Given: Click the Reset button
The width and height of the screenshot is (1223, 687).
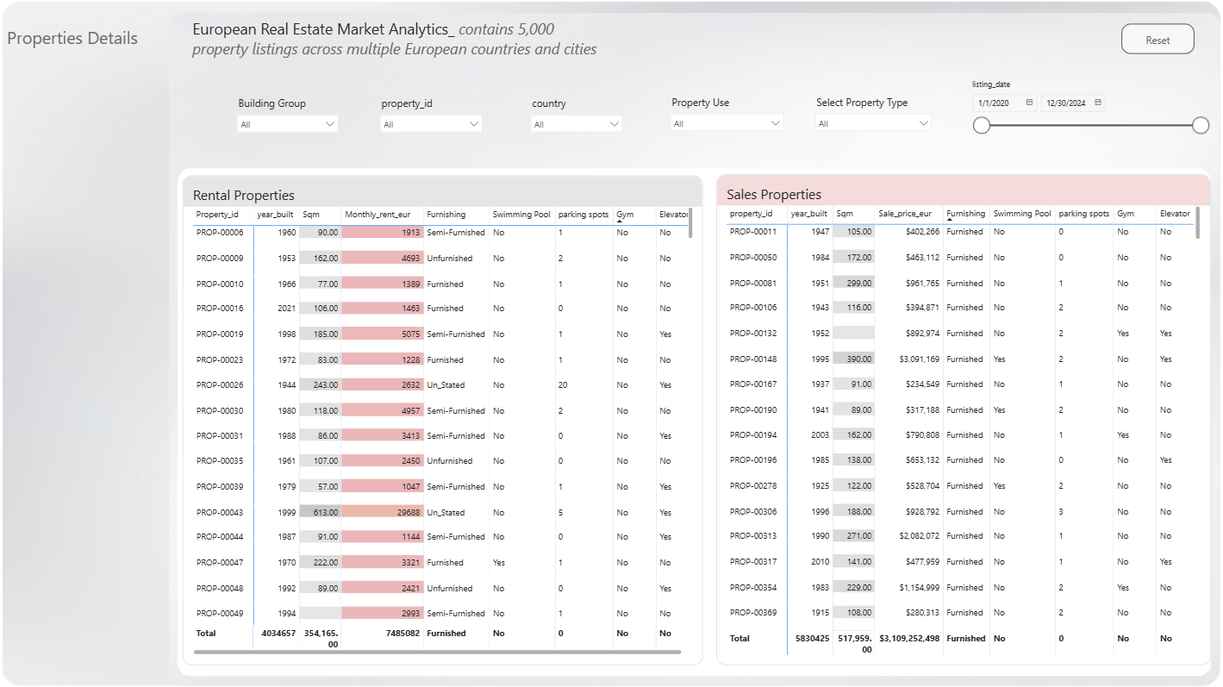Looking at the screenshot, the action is click(x=1157, y=40).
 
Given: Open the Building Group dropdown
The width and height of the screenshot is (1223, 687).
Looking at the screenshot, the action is click(x=287, y=124).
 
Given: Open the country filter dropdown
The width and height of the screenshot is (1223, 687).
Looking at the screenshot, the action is click(x=576, y=124).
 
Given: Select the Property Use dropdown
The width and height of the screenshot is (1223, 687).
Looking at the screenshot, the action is click(x=727, y=123).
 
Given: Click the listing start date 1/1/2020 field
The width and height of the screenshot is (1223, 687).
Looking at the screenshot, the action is click(x=1004, y=103).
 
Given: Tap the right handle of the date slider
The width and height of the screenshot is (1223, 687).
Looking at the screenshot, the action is click(x=1200, y=125).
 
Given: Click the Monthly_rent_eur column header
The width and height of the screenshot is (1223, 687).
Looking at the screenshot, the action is click(x=378, y=215).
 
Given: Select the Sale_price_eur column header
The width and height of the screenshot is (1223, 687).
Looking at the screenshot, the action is click(x=905, y=214).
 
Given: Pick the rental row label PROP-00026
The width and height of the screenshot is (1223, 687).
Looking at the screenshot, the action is click(x=220, y=385).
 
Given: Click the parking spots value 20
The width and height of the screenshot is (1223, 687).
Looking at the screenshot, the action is click(x=562, y=385).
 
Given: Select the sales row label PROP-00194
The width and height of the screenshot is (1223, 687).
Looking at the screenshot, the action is click(x=753, y=435).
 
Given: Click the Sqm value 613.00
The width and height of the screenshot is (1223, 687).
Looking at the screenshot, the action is click(x=326, y=512).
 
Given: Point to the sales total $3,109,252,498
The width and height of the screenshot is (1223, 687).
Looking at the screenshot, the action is click(x=909, y=639).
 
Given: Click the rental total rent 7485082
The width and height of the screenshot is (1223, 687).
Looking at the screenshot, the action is click(x=402, y=634).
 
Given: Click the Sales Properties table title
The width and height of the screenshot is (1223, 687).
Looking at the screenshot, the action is click(x=774, y=195).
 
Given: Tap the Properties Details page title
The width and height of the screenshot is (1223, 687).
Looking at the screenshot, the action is click(x=72, y=38).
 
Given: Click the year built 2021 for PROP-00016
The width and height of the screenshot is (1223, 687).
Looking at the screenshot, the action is click(x=286, y=309).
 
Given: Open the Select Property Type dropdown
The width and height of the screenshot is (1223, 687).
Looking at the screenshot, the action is click(x=872, y=123).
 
